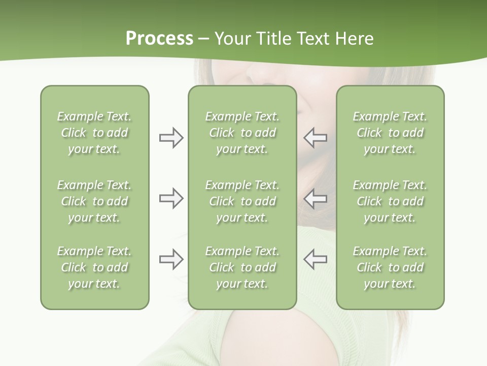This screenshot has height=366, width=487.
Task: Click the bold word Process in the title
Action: coord(159,39)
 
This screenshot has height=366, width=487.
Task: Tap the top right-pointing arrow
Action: coord(171,138)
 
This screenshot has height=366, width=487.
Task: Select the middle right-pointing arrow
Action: coord(171,198)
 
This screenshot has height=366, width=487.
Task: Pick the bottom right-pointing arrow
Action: coord(171,259)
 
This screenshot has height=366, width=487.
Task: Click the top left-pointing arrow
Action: coord(316,138)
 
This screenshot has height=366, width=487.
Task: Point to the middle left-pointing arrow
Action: coord(316,198)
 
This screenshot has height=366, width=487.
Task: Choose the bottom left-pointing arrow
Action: coord(316,259)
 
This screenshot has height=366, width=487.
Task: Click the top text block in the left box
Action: coord(94,133)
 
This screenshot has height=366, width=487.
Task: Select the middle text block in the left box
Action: coord(94,201)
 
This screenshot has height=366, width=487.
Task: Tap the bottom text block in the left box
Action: coord(94,267)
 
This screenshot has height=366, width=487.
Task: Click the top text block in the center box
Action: coord(242,133)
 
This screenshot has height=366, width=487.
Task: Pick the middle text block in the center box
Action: coord(242,201)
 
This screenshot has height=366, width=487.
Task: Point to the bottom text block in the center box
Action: coord(242,267)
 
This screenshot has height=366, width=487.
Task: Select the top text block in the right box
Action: coord(390,133)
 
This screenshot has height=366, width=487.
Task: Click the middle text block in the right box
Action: coord(390,201)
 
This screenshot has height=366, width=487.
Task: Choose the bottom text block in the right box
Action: coord(390,267)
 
